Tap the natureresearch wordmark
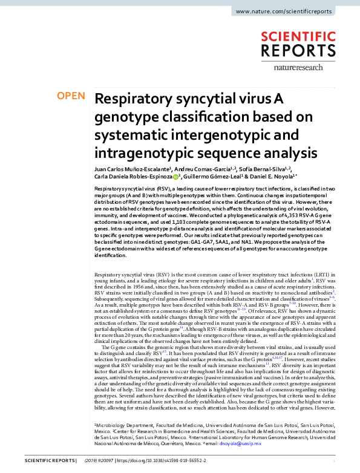pyautogui.click(x=312, y=70)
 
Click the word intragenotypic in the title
pyautogui.click(x=136, y=151)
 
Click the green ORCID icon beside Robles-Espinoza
pyautogui.click(x=175, y=177)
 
